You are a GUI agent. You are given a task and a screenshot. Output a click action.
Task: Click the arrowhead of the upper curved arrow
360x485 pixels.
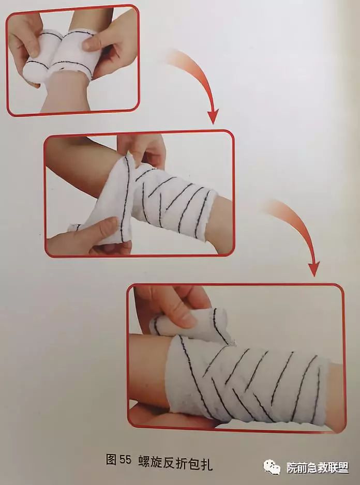[213, 116]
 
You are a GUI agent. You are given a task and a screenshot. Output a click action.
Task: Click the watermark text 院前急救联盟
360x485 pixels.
[318, 468]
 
